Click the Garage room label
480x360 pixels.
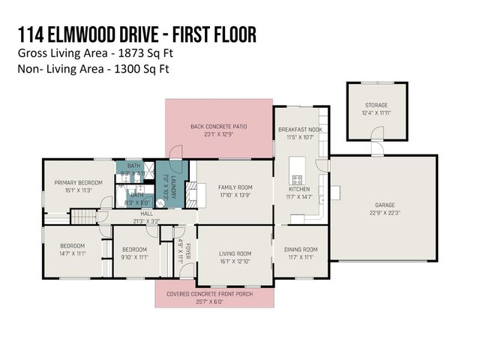click(x=384, y=205)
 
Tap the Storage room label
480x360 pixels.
click(x=376, y=106)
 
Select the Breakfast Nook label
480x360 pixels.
click(x=299, y=129)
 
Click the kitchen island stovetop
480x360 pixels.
click(x=297, y=180)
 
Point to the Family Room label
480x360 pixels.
click(x=235, y=187)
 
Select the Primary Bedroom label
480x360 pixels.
click(x=73, y=182)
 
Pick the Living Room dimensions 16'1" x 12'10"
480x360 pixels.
click(x=235, y=262)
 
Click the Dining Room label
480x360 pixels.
click(x=301, y=250)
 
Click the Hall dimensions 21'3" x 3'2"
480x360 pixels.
click(x=145, y=220)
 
